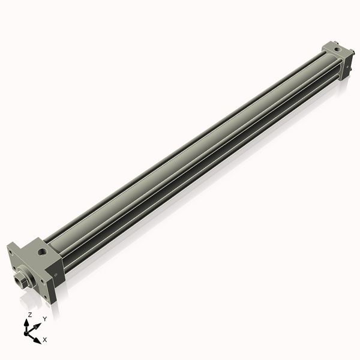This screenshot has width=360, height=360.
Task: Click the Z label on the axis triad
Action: click(x=31, y=314)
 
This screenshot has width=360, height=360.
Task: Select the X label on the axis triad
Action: click(x=45, y=340)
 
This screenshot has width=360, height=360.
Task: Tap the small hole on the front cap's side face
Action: click(x=56, y=275)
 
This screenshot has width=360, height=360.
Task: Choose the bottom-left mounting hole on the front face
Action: click(x=12, y=269)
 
